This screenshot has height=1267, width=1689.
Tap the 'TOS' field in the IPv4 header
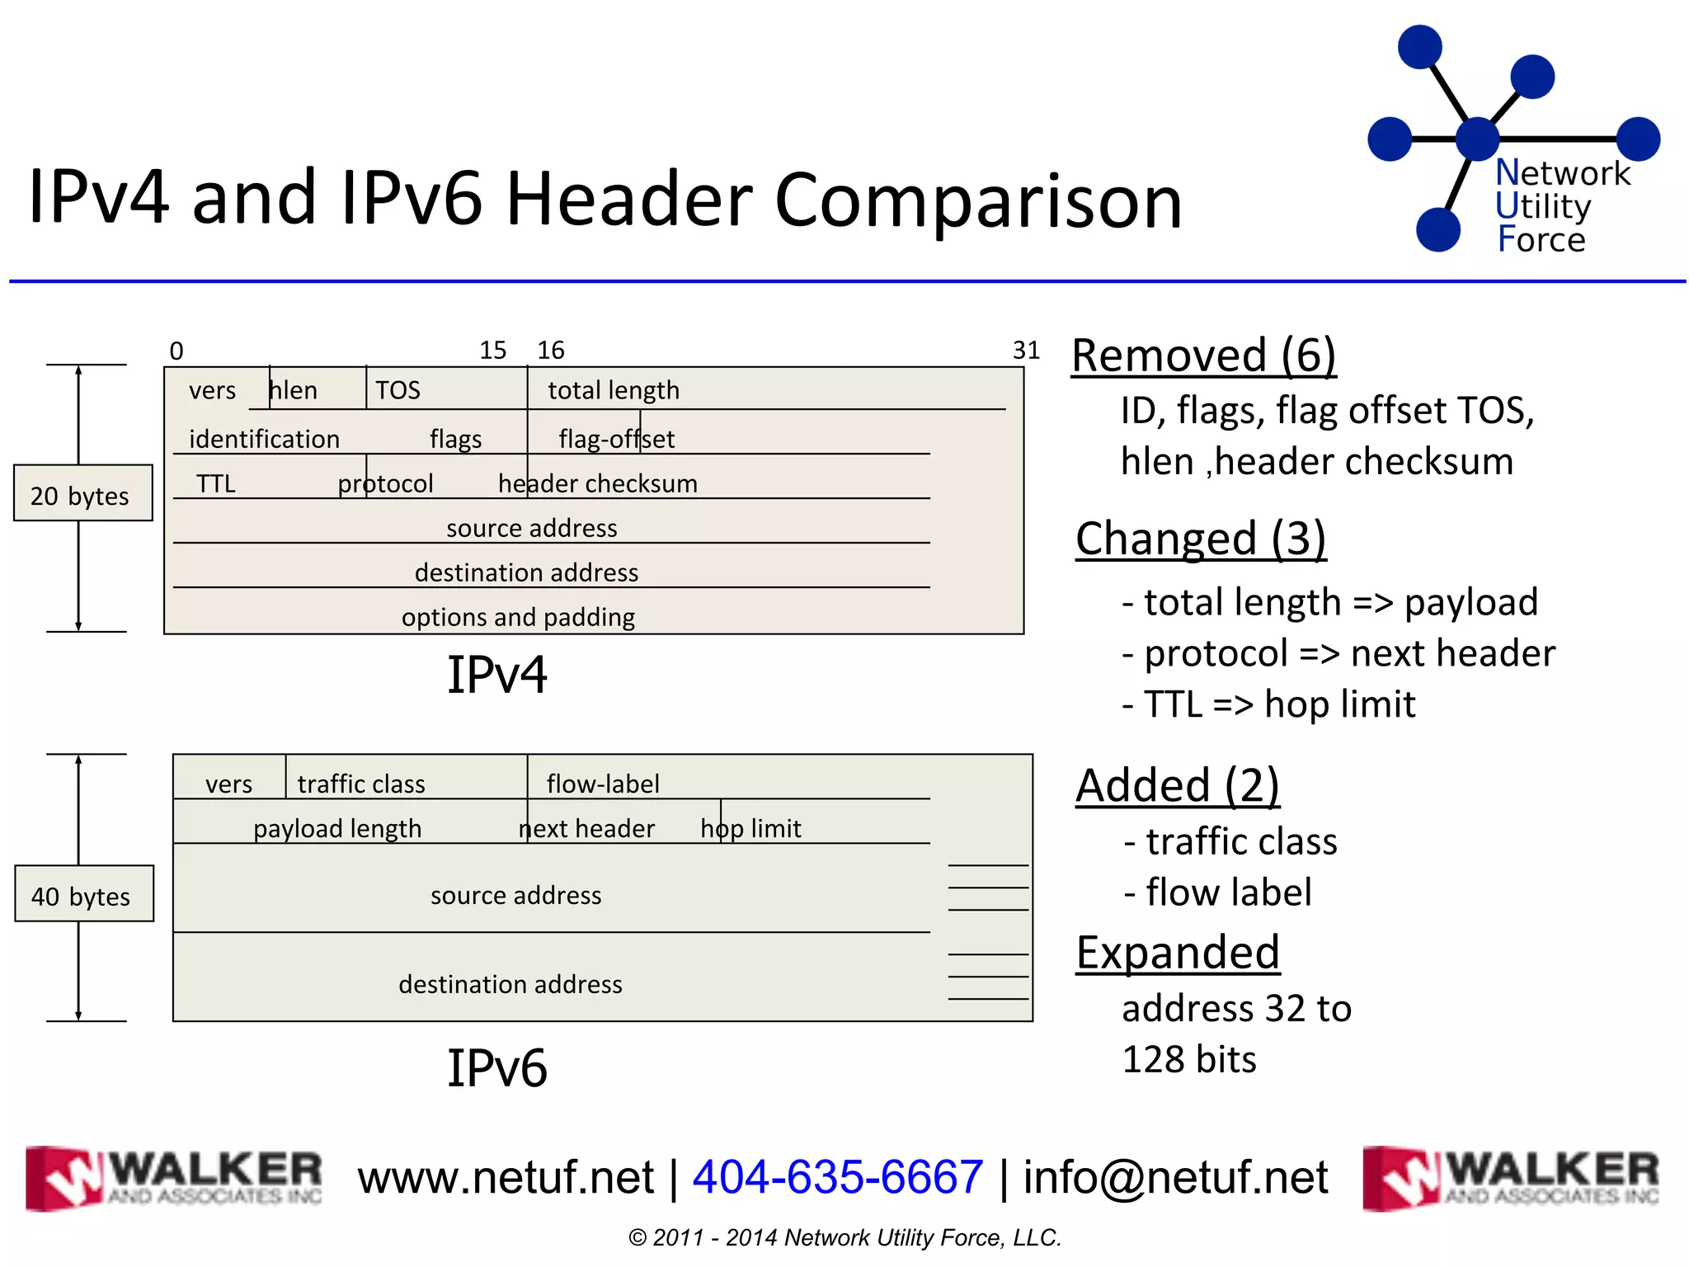click(x=398, y=390)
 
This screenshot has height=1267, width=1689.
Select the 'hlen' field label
click(x=294, y=390)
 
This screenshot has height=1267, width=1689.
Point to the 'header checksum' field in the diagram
click(x=598, y=483)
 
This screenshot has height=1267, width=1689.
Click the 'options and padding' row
click(x=518, y=617)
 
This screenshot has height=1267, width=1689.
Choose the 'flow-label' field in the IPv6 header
click(x=603, y=784)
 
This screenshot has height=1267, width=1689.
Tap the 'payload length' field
click(x=337, y=828)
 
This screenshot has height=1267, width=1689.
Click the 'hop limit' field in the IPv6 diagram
click(x=750, y=828)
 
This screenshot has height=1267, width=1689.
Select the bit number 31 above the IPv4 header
click(x=1026, y=351)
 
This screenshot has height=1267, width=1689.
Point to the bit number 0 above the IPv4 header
click(x=176, y=351)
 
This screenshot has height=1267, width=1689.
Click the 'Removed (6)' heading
click(x=1203, y=356)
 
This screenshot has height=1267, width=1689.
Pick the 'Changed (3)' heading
click(x=1201, y=539)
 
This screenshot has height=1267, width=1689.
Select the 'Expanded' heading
click(x=1178, y=953)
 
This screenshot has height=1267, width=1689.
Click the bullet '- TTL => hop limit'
click(x=1268, y=704)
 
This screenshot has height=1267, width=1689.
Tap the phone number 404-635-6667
click(x=838, y=1176)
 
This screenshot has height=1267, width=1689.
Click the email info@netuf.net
click(x=1175, y=1176)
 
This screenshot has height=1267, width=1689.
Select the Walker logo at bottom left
click(x=174, y=1178)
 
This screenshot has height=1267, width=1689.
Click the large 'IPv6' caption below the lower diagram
click(x=496, y=1068)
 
